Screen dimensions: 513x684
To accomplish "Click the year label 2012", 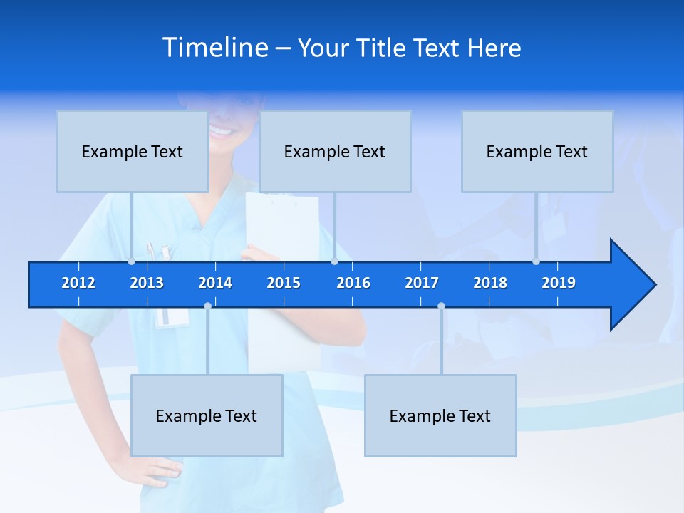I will click(x=78, y=283).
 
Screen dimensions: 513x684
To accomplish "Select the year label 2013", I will click(x=147, y=283).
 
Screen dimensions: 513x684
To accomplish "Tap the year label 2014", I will click(x=215, y=283).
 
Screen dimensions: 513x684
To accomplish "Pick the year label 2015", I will click(x=284, y=283).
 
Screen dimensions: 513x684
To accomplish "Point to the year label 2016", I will click(x=353, y=283).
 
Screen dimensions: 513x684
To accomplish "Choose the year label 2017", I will click(x=422, y=283).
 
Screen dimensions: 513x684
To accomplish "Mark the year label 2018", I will click(x=490, y=283).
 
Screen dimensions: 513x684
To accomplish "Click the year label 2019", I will click(x=559, y=283).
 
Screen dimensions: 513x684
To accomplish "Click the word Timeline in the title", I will click(x=215, y=47).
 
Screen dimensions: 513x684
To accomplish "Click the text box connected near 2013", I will click(x=133, y=151).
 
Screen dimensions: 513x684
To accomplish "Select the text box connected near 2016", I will click(x=335, y=151).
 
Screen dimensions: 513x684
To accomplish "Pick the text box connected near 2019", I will click(x=537, y=151).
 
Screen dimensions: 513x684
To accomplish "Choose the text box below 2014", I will click(x=207, y=415).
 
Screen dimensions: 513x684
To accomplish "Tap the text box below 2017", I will click(x=440, y=415).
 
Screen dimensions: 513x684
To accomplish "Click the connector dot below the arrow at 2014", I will click(x=207, y=306).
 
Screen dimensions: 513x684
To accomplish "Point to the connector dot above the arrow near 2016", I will click(x=334, y=261).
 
